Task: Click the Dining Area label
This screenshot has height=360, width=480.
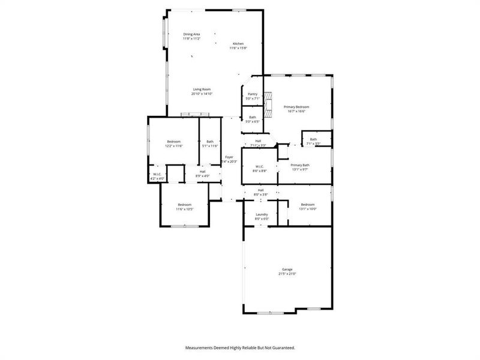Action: coord(192,34)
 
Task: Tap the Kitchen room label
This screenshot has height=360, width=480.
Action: coord(238,44)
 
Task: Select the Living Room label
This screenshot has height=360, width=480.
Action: coord(202,89)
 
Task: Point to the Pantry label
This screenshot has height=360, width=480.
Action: coord(253,94)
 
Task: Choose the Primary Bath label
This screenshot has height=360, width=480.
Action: coord(300,165)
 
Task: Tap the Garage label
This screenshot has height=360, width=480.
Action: coord(287,269)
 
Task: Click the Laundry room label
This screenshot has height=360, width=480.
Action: coord(262,214)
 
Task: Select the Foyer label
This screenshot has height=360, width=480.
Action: coord(229,157)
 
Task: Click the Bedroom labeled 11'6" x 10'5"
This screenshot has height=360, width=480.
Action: coord(184,205)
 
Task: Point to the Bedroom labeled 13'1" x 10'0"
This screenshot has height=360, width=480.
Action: coord(307,205)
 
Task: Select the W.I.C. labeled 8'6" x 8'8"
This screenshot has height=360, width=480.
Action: coord(260,167)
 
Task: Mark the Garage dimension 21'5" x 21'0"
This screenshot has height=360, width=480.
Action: coord(287,274)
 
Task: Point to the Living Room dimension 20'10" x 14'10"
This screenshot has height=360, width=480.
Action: coord(202,94)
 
